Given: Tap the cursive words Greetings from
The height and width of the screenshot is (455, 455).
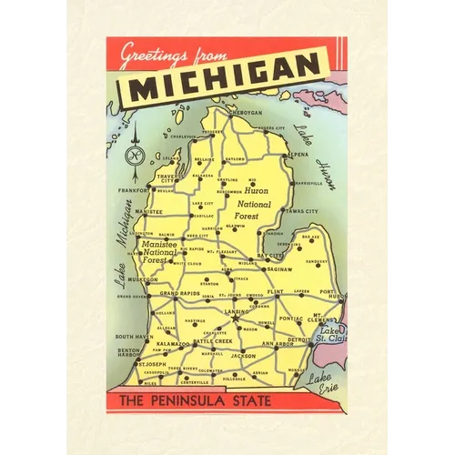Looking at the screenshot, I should tap(172, 53).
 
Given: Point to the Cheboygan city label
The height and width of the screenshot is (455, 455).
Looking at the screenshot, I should tap(244, 114).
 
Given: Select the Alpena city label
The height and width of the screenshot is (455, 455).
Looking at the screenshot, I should tap(298, 155).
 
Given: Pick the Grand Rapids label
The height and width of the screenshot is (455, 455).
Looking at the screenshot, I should tap(180, 294).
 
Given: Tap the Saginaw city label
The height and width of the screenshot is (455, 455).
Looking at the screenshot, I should tap(279, 270).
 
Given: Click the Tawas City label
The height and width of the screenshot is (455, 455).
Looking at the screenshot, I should tap(301, 210).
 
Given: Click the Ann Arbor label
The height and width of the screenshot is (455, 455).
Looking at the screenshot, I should tap(278, 344).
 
